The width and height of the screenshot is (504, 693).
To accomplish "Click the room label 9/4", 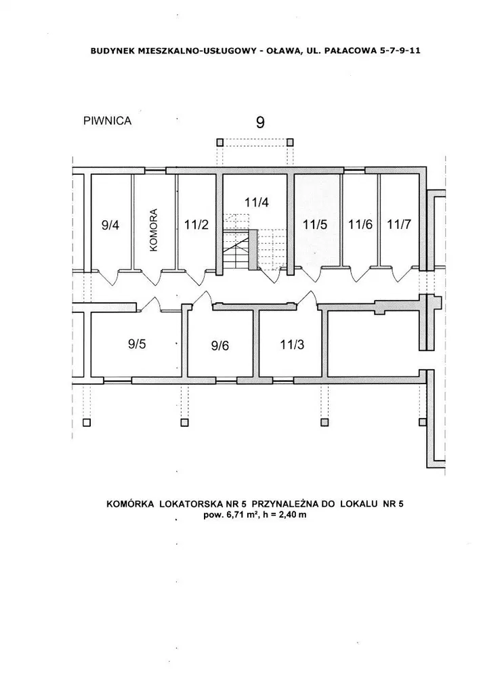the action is point(110,225).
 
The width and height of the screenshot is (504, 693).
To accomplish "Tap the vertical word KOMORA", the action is point(153,230).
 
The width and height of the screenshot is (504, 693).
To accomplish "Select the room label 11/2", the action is point(196,224).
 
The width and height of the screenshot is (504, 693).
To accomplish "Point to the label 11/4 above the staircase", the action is point(257,203).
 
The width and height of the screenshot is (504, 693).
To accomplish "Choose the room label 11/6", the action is point(360,224).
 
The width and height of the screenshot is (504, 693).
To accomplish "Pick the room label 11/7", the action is point(399,224).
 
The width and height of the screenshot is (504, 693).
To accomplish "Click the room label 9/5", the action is point(137,344).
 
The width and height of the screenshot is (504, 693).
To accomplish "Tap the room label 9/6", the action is point(219,345).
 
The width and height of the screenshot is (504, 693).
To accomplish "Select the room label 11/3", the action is point(292,344).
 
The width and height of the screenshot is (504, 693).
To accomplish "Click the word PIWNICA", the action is point(108,121).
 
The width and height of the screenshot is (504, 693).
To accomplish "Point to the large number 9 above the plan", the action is point(260,122).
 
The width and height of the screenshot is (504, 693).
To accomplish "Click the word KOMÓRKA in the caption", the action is point(131,504).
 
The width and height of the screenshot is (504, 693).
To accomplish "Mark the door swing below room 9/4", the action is point(108,278).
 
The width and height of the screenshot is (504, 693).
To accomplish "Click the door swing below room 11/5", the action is point(314,274).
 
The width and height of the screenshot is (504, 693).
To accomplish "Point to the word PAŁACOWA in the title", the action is point(350,50).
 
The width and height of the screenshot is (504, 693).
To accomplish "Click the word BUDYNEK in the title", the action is point(112,50).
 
